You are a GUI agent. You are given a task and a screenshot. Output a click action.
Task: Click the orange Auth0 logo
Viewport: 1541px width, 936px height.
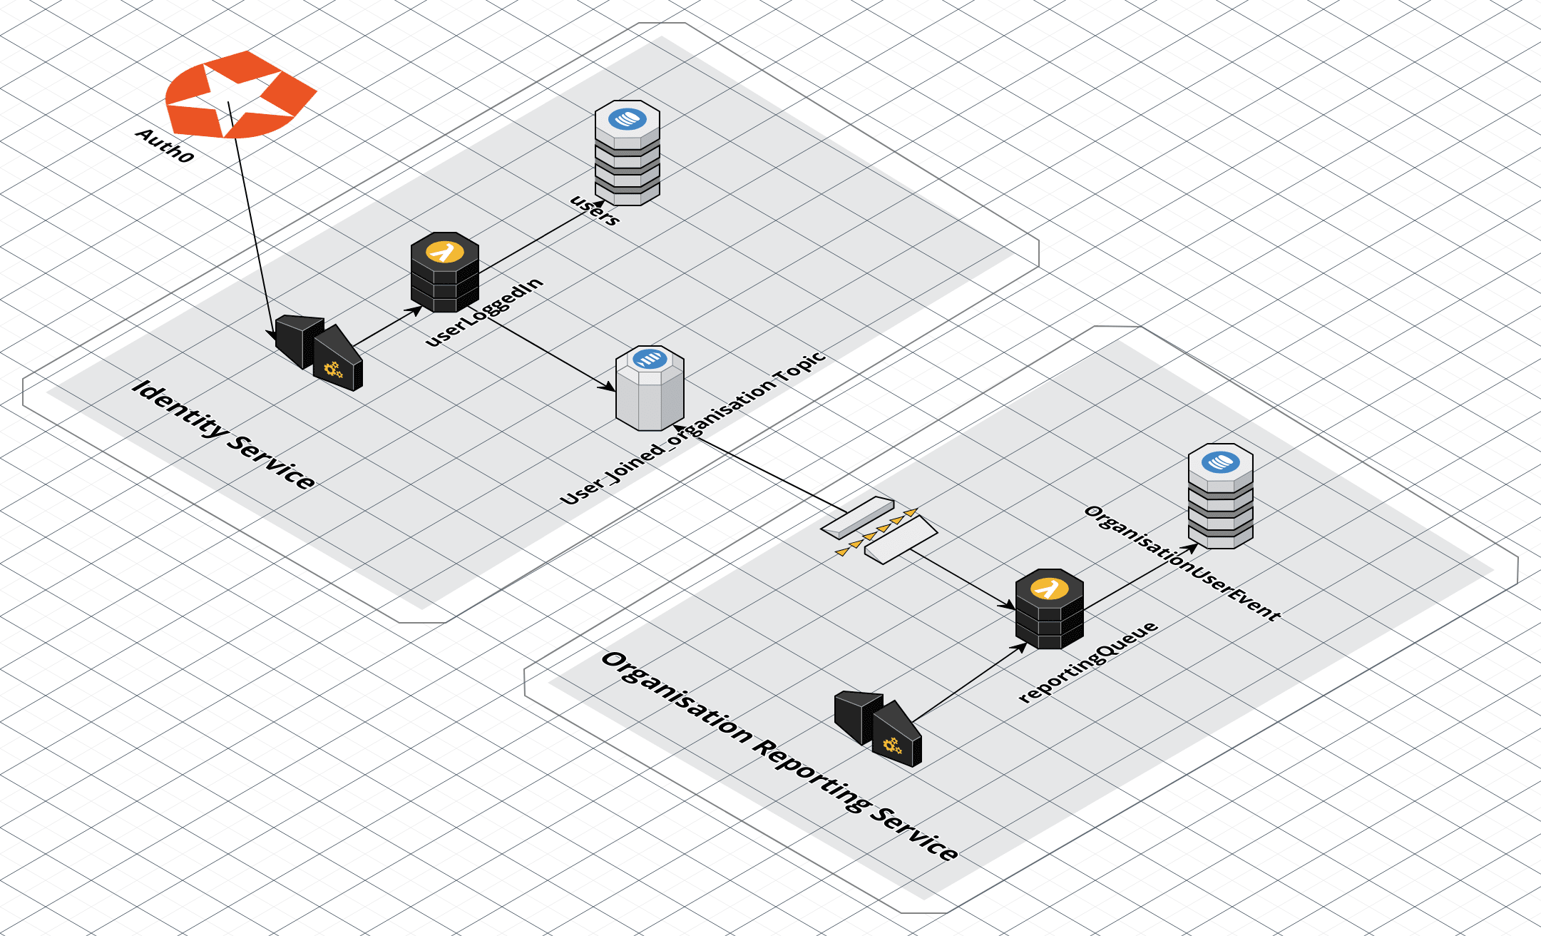pos(240,94)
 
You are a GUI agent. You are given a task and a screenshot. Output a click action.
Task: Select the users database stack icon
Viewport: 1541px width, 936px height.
pos(627,153)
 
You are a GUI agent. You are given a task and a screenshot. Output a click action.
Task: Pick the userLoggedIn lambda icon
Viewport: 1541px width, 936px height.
pos(444,272)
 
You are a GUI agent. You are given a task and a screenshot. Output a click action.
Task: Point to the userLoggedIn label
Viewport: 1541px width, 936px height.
pos(484,312)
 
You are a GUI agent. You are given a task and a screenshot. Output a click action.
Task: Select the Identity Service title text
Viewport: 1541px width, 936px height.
pos(223,434)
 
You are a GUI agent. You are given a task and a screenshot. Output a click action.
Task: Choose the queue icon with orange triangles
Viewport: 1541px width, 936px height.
pos(879,530)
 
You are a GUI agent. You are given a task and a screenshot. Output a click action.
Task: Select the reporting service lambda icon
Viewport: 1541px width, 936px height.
pos(1049,609)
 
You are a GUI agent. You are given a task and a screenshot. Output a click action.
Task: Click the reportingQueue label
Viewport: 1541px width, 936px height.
pos(1088,661)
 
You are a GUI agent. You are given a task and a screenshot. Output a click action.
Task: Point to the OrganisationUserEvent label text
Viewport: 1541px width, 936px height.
pos(1182,563)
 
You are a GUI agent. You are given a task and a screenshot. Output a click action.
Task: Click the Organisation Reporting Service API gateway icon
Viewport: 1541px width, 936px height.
pos(879,728)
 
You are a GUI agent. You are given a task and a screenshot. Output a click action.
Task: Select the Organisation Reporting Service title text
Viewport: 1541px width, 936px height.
pos(780,757)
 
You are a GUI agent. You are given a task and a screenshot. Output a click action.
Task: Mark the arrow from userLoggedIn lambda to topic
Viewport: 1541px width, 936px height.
pos(549,354)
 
